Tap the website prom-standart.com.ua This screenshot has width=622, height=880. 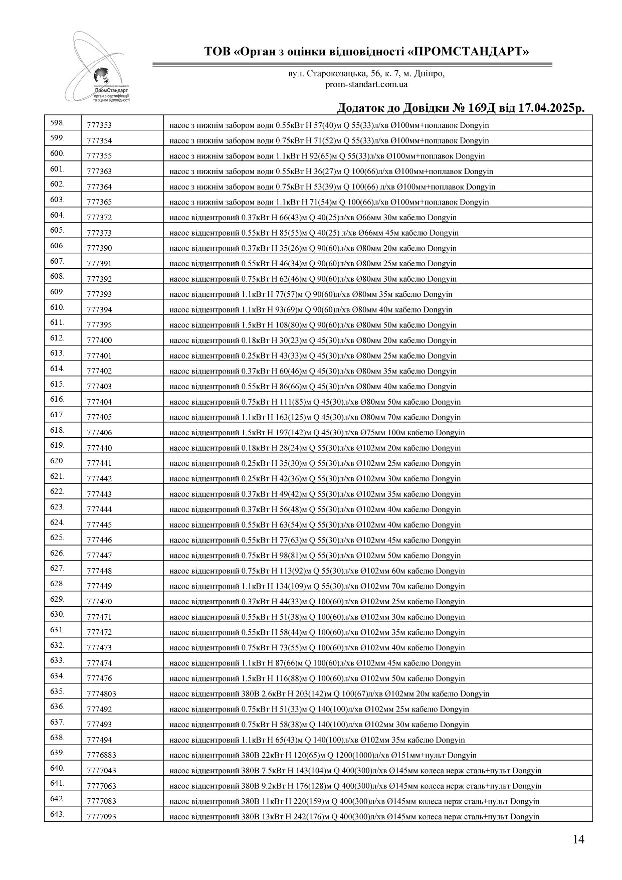pos(366,84)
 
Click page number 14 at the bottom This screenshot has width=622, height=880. pos(578,839)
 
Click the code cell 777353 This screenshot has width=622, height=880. pos(99,125)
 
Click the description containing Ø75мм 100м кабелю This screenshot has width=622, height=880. pos(317,433)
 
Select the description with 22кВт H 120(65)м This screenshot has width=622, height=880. pos(323,755)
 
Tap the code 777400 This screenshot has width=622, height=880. pos(99,340)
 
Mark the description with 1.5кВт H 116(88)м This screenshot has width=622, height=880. pos(317,678)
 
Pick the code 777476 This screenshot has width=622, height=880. pos(99,678)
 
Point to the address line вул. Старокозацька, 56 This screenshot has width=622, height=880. pos(366,74)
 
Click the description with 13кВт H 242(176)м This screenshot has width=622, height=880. pos(354,817)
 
